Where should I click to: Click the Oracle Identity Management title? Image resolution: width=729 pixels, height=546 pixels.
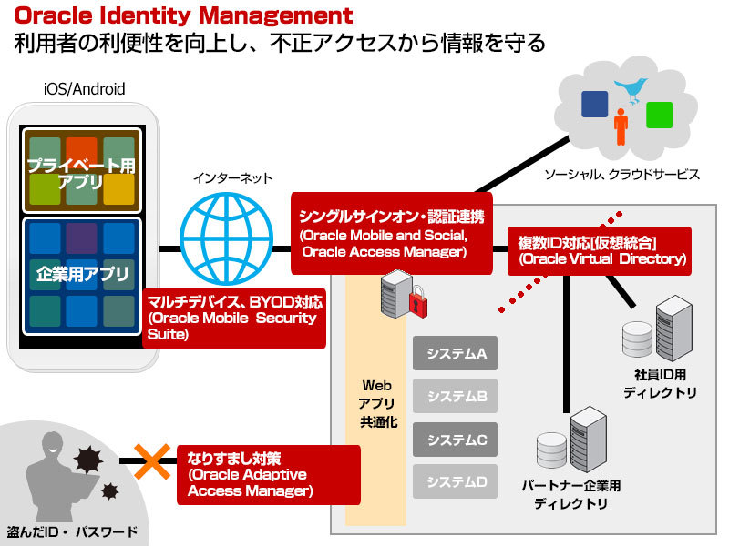coord(183,15)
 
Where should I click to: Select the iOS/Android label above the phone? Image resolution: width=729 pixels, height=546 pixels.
coord(84,89)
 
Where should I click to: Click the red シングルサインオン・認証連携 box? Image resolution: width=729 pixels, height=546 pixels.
coord(391,233)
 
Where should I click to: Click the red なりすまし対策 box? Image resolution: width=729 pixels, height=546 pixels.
coord(251,472)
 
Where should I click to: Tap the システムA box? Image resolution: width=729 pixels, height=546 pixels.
coord(457,354)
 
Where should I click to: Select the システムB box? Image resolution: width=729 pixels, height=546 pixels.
coord(457,397)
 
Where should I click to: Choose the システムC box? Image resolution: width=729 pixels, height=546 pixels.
coord(457,440)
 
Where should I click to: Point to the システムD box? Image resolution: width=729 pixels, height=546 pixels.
coord(457,481)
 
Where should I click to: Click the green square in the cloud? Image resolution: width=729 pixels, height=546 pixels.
coord(659,115)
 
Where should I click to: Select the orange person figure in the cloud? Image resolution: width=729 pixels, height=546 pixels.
coord(621,126)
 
